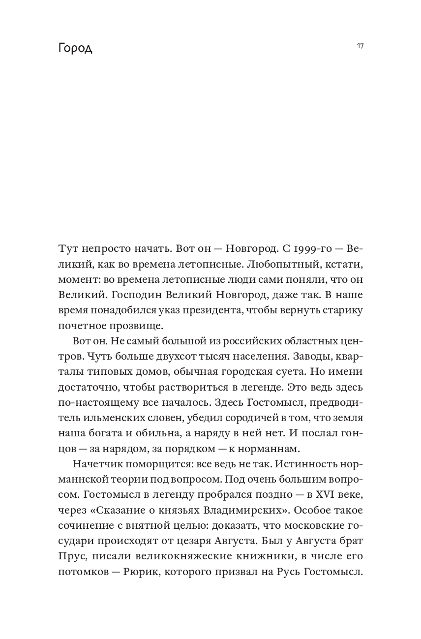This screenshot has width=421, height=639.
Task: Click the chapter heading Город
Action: pos(75,49)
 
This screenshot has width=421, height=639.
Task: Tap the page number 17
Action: pos(360,46)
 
